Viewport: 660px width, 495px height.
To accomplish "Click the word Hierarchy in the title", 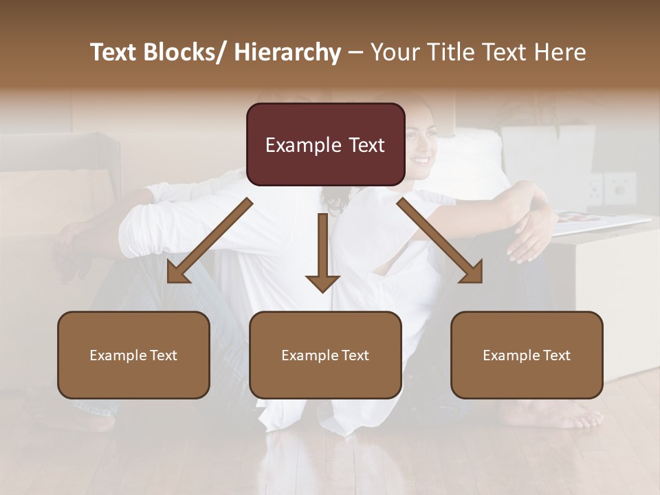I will (287, 53).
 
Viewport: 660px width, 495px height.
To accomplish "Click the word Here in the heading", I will (560, 53).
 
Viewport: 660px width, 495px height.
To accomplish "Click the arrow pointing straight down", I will (322, 254).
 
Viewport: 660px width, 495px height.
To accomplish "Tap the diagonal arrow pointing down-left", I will (210, 241).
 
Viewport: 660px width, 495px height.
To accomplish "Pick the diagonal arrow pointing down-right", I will (440, 241).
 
